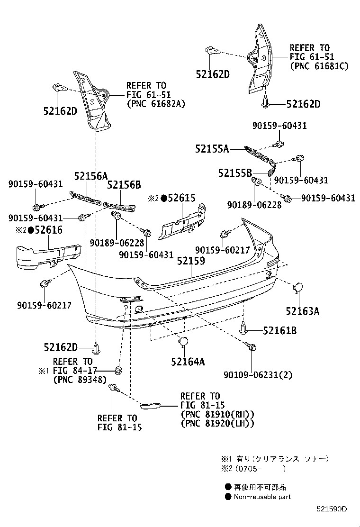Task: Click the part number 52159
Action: (191, 261)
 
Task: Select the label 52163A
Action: (302, 311)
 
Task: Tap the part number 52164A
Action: (188, 362)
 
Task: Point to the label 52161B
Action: (279, 331)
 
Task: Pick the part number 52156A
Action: (90, 176)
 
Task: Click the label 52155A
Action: (211, 149)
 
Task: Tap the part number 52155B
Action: (235, 173)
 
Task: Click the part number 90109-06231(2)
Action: (258, 375)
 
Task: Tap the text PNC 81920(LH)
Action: (217, 423)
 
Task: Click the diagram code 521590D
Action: (332, 509)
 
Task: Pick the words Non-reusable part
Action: (262, 497)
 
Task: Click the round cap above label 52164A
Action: (183, 343)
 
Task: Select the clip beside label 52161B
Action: (243, 328)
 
